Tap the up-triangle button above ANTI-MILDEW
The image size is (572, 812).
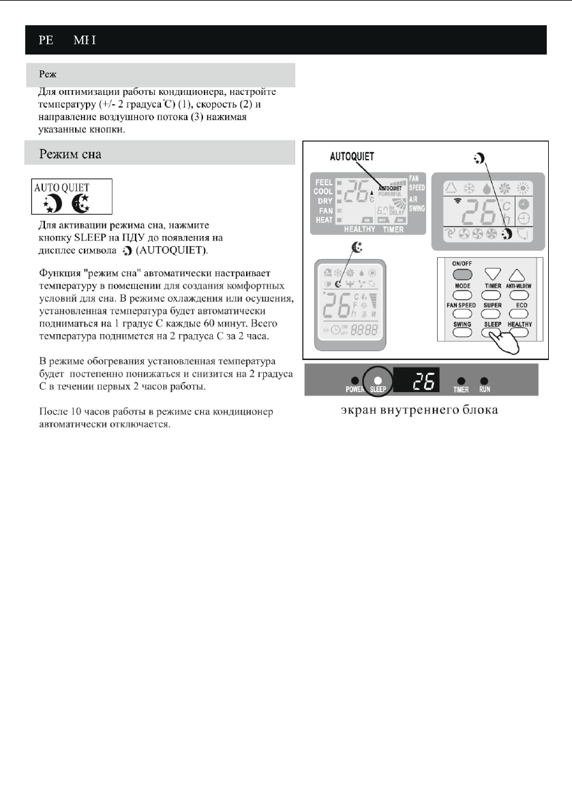[x=519, y=273]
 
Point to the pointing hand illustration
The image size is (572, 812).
[x=505, y=340]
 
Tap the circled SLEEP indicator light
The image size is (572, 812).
[x=377, y=380]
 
